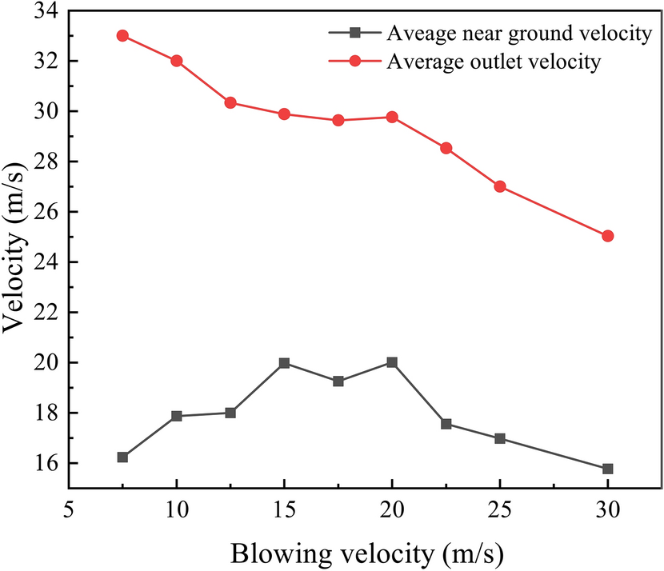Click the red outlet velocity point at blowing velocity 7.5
point(122,36)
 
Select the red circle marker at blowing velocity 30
point(607,236)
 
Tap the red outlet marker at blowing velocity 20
point(392,117)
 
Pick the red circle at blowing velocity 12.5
point(230,102)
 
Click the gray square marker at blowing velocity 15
point(284,363)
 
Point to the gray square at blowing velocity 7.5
point(122,457)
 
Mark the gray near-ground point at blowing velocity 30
point(607,469)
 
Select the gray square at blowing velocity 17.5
point(338,381)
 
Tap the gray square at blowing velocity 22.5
point(446,424)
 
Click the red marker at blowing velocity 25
point(500,186)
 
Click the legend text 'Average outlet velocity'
point(493,62)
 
